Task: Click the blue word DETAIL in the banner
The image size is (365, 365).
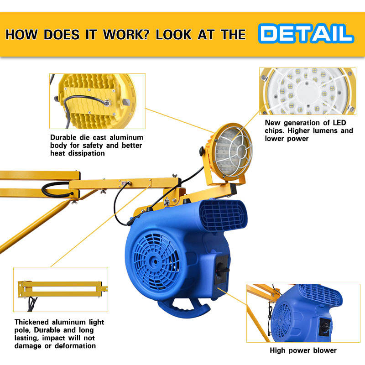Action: click(x=306, y=33)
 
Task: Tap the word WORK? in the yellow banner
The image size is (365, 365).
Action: click(x=126, y=35)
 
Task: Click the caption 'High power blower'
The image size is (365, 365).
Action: click(x=303, y=350)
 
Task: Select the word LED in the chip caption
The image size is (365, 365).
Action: click(x=339, y=123)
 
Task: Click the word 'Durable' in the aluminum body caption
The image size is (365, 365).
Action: click(x=63, y=137)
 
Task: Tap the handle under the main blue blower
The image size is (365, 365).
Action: click(x=183, y=308)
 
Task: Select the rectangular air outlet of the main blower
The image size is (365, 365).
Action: click(x=223, y=215)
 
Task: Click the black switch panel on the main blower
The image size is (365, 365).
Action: click(x=222, y=270)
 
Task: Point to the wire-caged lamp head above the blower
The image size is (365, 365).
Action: click(x=230, y=152)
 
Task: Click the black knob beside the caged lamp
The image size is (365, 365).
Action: click(x=202, y=151)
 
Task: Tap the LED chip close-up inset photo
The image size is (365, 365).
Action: click(x=308, y=91)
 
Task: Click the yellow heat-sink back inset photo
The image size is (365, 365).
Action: click(x=98, y=101)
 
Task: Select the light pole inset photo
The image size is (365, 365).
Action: click(x=61, y=289)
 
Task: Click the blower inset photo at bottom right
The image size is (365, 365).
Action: click(x=303, y=313)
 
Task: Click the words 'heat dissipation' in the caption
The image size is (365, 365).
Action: click(x=78, y=153)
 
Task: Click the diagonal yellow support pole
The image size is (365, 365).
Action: click(x=35, y=225)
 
